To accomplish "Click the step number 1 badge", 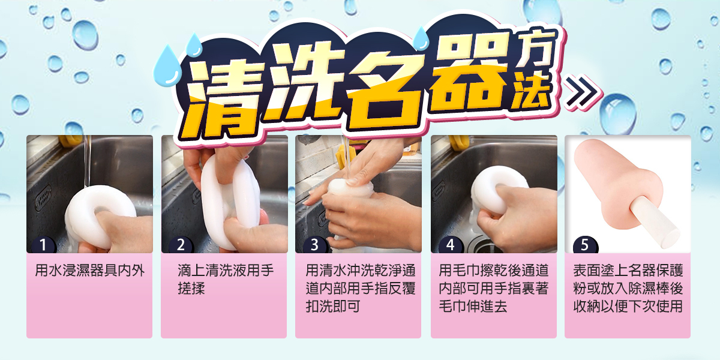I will point(44,245).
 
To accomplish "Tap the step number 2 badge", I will point(179,245).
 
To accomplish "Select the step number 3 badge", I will point(314,245).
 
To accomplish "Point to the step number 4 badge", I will point(449,245).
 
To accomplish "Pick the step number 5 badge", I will point(585,245).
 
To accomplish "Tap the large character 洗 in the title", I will point(300,84).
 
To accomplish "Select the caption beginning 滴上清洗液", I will point(225,279).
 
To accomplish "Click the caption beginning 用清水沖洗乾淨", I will point(359,288).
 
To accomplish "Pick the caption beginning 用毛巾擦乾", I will point(494,288).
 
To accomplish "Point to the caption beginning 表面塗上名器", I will point(628,288).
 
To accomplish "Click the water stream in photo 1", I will point(88,162).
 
